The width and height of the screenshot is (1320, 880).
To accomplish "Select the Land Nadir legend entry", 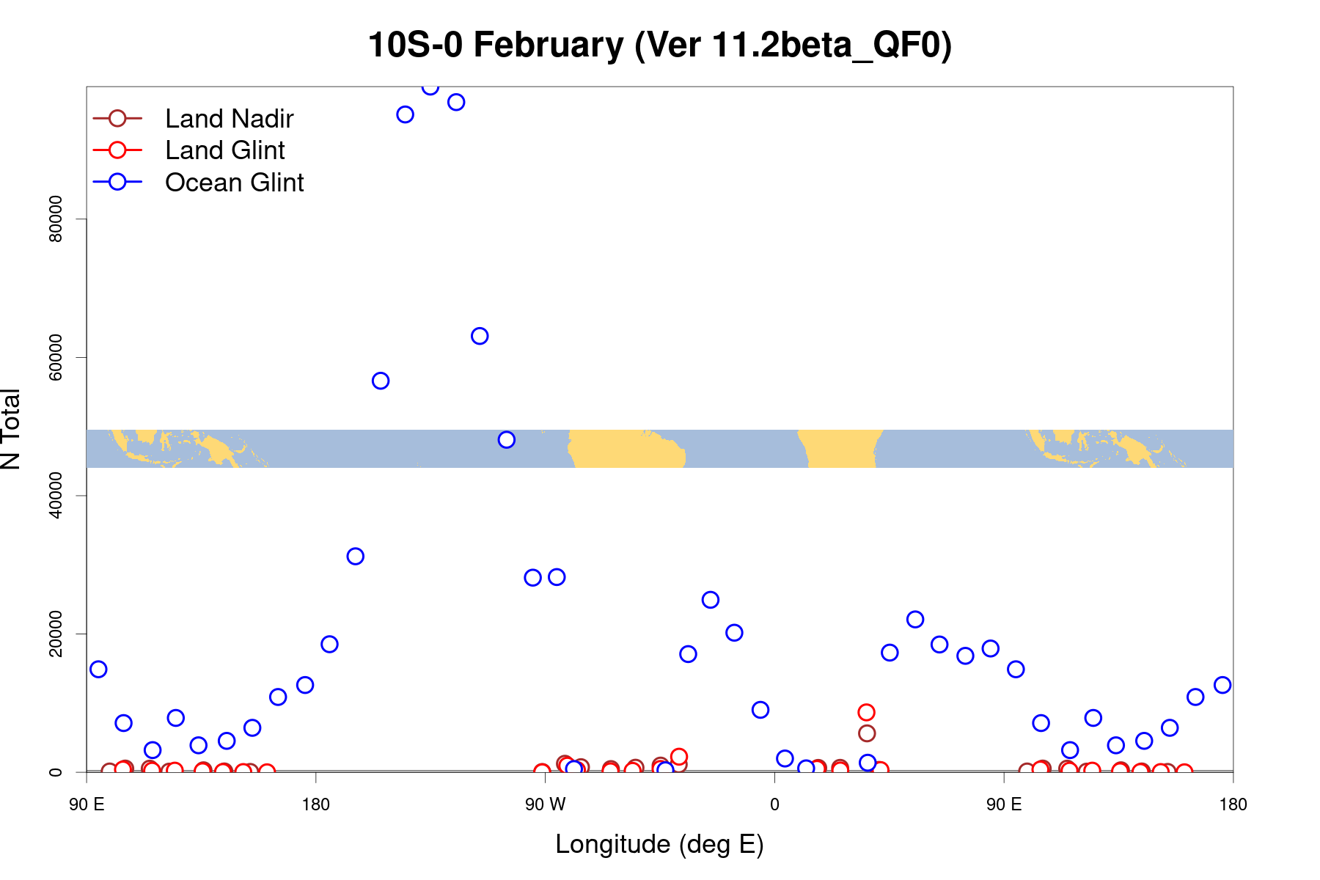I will [x=229, y=119].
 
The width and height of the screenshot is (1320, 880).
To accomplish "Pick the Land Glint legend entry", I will [x=224, y=150].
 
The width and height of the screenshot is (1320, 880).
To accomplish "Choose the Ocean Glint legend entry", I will [x=234, y=183].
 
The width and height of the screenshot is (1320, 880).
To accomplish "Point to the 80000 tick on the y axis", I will [x=56, y=219].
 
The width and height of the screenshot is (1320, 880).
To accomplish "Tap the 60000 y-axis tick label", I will [x=56, y=357].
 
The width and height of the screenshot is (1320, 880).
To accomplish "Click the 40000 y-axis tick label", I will [x=56, y=495].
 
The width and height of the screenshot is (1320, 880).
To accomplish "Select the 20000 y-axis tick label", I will [x=56, y=634].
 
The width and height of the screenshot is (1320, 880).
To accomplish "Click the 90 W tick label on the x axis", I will [x=545, y=805].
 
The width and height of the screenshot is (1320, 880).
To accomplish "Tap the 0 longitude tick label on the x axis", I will [x=774, y=805].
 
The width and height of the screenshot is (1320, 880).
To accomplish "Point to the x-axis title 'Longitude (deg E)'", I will [x=659, y=845].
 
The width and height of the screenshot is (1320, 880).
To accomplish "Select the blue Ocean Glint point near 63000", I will [x=480, y=336].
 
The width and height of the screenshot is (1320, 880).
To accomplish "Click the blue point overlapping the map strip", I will [x=506, y=440].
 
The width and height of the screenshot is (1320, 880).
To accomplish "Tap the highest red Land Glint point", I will [x=866, y=712].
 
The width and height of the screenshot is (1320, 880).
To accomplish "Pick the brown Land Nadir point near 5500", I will [x=867, y=733].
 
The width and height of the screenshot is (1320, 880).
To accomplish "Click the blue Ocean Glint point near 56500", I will [x=381, y=381].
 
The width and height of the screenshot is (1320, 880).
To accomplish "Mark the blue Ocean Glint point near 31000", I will [x=355, y=556].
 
